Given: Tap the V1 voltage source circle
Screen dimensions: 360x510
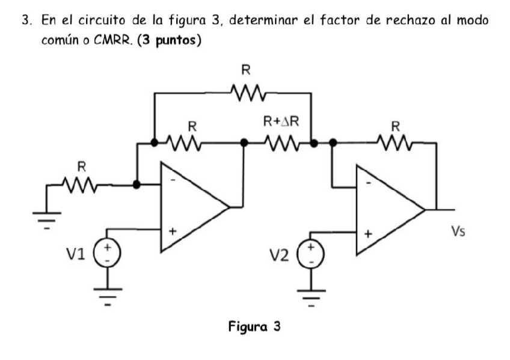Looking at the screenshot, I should [x=108, y=254].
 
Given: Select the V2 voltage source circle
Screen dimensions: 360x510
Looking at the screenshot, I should [x=312, y=254].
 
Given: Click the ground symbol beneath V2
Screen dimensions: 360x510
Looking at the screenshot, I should [x=312, y=296].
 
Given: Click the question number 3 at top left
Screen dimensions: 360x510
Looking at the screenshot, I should [x=26, y=20].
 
